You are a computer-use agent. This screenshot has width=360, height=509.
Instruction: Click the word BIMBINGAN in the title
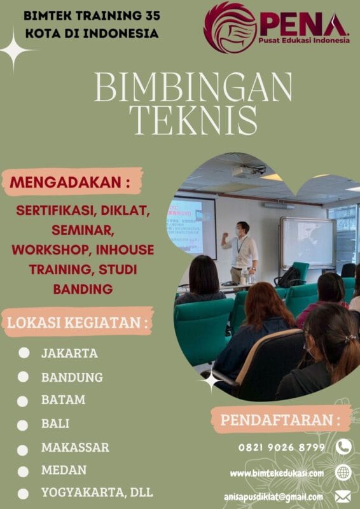coord(193,87)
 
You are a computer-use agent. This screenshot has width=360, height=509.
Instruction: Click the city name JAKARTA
coord(69,352)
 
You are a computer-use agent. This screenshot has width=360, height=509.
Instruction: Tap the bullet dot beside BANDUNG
coord(24,377)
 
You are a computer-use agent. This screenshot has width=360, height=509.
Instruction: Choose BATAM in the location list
coord(63,400)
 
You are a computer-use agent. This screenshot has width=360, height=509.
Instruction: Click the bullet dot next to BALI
coord(24,424)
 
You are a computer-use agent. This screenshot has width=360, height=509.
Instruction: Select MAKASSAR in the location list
coord(75,447)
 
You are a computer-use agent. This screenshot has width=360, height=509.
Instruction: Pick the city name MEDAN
coord(64,470)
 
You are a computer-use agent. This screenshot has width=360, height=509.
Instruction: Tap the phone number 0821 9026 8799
coord(282,447)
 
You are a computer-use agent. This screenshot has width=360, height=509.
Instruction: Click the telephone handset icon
coord(343,447)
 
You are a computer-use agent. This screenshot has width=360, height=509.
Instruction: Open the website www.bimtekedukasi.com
coord(277,473)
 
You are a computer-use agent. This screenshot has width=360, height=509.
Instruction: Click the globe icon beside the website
coord(343,473)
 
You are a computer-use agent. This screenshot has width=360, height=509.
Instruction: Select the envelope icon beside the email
coord(343,496)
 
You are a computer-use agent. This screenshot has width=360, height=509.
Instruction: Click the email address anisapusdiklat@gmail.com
coord(273,496)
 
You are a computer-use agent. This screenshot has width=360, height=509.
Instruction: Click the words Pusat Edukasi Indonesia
coord(304,40)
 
